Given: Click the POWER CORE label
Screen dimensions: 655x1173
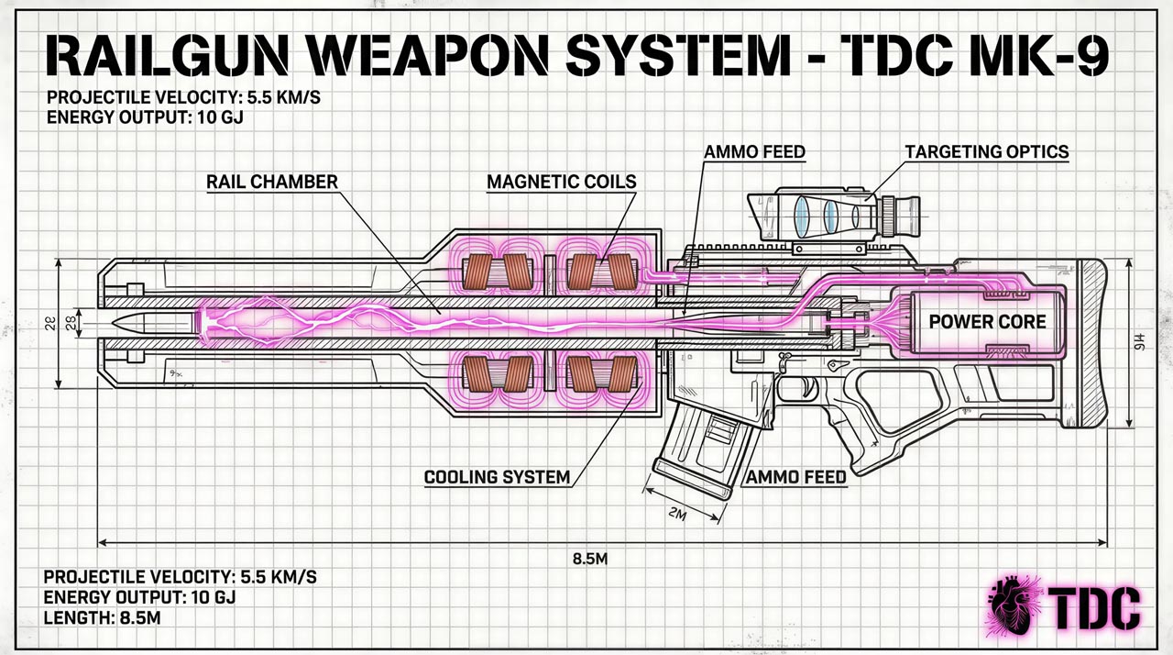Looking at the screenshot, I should point(987,322).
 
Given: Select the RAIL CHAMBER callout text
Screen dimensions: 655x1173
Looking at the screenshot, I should point(272,182).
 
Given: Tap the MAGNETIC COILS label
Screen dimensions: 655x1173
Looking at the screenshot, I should point(561,182).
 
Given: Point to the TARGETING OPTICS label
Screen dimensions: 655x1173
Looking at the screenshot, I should point(986,151).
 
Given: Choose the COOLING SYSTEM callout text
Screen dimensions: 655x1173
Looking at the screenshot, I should point(497,478).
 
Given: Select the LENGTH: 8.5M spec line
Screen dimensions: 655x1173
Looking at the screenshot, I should point(103,618).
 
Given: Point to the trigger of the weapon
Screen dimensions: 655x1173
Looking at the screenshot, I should point(806,386).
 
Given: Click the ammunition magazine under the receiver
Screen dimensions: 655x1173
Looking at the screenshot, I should point(706,450).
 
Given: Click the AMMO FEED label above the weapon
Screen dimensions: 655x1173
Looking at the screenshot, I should point(755,151).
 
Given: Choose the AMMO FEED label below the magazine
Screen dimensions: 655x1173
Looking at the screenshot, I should point(795,478).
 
